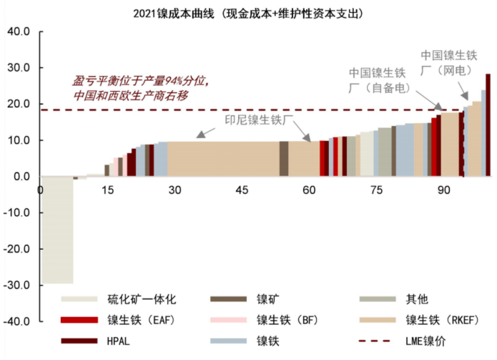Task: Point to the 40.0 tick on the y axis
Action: click(x=18, y=32)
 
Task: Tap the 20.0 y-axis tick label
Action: click(x=18, y=104)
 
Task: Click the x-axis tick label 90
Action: click(x=443, y=190)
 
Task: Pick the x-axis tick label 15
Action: click(x=108, y=190)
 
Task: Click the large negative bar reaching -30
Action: click(x=57, y=229)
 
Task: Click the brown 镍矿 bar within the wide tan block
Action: click(x=284, y=158)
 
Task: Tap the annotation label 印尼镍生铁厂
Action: click(x=255, y=120)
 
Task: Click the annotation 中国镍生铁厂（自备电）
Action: click(x=378, y=80)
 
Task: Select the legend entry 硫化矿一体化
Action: click(x=136, y=298)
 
